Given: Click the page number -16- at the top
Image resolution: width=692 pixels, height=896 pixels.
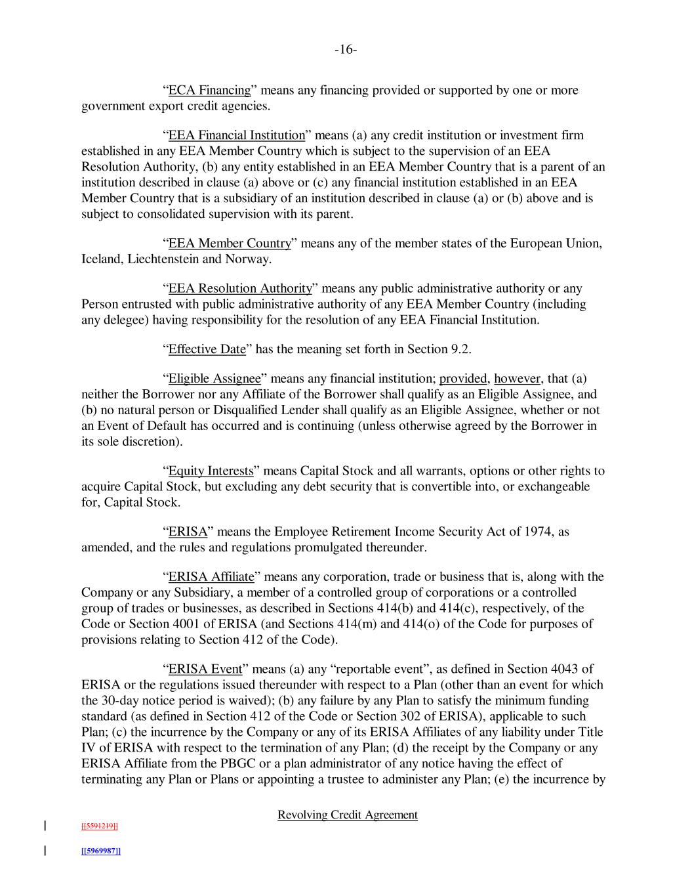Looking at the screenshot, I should [346, 50].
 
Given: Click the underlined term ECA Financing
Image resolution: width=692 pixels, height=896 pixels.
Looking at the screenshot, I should [209, 90].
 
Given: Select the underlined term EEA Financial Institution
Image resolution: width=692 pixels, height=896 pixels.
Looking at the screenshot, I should [237, 135].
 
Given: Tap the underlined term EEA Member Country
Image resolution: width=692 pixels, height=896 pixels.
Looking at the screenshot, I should [230, 244].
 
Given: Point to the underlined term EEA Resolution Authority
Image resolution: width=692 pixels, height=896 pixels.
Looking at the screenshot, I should [240, 288].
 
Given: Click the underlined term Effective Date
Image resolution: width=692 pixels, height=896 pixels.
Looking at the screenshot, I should [207, 349].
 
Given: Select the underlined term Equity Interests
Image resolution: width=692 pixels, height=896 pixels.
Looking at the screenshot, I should [211, 471].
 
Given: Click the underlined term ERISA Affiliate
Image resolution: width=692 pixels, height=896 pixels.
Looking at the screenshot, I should [211, 577].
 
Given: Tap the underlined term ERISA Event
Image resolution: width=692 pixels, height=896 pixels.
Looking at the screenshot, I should [205, 669].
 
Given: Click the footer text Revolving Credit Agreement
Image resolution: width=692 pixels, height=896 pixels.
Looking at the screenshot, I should [348, 815].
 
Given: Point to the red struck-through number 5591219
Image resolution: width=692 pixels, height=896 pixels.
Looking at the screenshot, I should [99, 826].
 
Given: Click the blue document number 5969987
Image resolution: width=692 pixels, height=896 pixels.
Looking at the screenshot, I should [100, 851].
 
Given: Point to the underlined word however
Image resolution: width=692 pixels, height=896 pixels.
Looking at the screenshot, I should [517, 379].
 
